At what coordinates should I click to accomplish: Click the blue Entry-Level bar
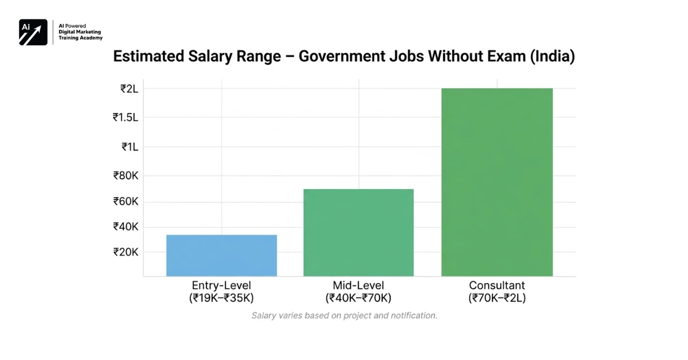[221, 255]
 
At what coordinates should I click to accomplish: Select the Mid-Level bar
[358, 232]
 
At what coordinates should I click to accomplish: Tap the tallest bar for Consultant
[497, 182]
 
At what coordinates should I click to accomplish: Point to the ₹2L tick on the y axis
[129, 89]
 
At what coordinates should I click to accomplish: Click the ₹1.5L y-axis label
[125, 118]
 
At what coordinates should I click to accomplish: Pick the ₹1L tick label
[130, 147]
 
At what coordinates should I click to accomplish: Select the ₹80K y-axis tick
[126, 175]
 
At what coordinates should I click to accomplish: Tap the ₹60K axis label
[126, 202]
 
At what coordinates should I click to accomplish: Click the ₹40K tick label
[126, 227]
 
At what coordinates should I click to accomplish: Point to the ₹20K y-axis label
[126, 252]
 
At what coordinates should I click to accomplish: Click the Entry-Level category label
[221, 285]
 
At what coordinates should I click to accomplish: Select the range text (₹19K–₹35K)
[221, 298]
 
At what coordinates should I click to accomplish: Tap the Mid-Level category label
[358, 285]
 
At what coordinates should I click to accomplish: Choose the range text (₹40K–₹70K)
[358, 298]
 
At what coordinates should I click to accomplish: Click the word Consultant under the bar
[497, 285]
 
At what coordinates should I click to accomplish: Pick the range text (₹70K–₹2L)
[497, 298]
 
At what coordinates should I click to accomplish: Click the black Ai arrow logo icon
[33, 32]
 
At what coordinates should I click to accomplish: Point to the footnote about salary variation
[344, 316]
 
